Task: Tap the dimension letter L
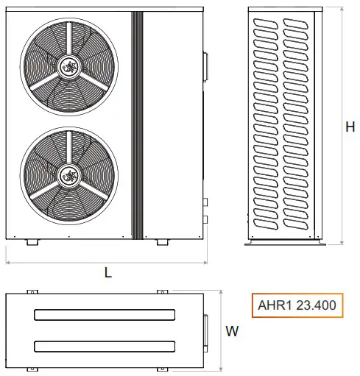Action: click(108, 272)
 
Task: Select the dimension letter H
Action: click(350, 127)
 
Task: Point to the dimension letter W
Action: click(232, 331)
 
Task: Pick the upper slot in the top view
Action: click(105, 315)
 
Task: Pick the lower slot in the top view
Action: click(105, 345)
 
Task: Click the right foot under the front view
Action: click(161, 242)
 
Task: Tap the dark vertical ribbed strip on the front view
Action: click(135, 125)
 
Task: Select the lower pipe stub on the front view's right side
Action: click(206, 219)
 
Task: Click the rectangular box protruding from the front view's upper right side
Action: click(205, 65)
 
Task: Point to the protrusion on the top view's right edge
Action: click(205, 330)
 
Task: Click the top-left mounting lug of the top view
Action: click(31, 292)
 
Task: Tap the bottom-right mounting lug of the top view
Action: click(162, 369)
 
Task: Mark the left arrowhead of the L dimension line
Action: click(8, 261)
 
